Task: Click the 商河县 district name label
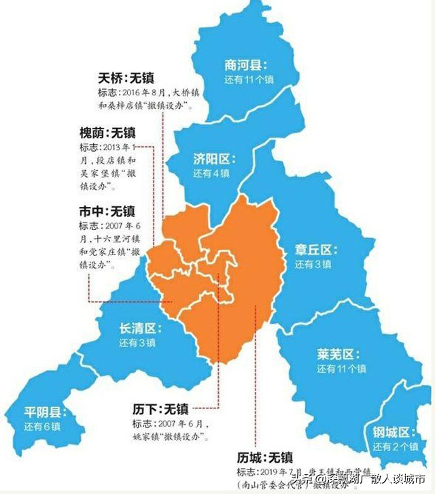246,65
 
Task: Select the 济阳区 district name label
213,159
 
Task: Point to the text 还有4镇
211,174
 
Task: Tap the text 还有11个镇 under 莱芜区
341,369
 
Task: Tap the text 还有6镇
42,427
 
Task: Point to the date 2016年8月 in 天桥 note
145,93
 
